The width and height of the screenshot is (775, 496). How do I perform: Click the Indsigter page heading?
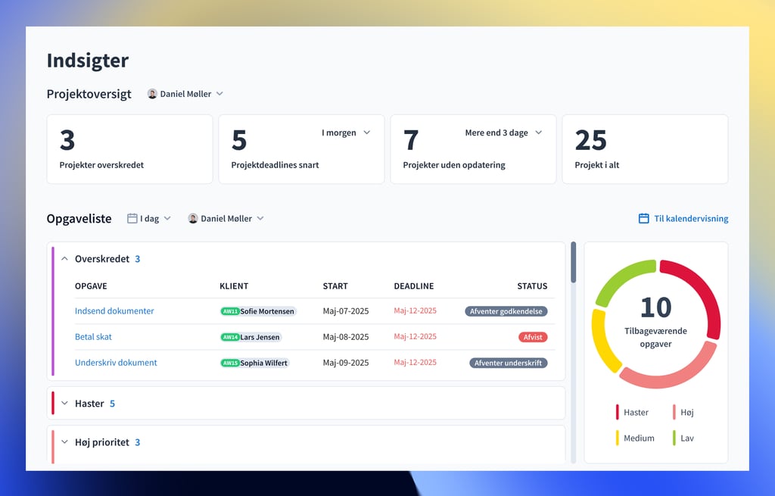(88, 61)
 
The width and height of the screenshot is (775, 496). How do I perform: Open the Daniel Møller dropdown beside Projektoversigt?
(185, 94)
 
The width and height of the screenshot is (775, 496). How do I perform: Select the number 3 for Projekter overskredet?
(67, 140)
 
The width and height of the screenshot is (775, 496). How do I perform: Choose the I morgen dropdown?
(346, 133)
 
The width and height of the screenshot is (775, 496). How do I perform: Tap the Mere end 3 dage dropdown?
(503, 133)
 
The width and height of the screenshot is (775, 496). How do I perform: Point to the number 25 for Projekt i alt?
(590, 140)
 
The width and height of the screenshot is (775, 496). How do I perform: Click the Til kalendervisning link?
(683, 219)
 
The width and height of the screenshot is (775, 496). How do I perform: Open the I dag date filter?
(149, 219)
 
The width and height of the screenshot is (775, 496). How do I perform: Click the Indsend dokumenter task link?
(114, 311)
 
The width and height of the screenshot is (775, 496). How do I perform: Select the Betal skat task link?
(93, 337)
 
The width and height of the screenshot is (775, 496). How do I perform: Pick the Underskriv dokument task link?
(116, 363)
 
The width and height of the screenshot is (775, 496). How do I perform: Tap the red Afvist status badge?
(533, 337)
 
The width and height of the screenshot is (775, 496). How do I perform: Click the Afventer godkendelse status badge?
(506, 311)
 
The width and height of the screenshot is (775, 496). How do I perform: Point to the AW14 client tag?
(230, 337)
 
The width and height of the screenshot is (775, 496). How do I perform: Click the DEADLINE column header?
(414, 286)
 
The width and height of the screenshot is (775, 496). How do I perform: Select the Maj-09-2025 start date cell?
(346, 363)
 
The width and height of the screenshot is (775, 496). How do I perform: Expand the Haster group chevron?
(64, 404)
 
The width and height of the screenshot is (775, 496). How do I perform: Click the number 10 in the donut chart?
(655, 307)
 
